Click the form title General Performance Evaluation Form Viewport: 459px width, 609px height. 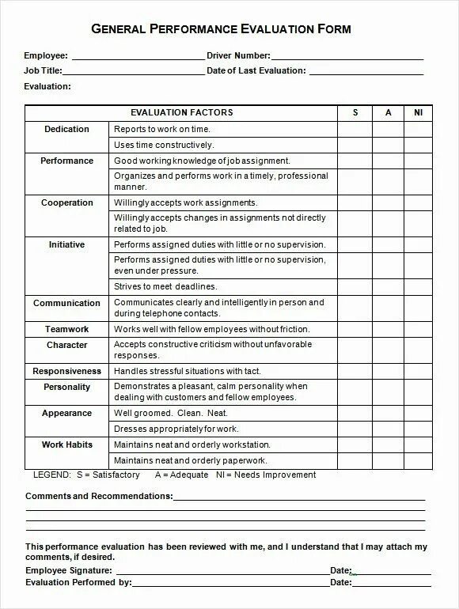click(221, 29)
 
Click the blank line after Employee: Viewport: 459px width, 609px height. click(138, 56)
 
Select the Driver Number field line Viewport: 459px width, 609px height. click(347, 56)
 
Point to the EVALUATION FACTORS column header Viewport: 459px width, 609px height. click(181, 113)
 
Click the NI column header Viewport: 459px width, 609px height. click(419, 113)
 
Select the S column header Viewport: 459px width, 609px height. click(355, 113)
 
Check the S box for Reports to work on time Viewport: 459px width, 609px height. click(355, 129)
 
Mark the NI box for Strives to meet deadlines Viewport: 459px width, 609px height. click(419, 286)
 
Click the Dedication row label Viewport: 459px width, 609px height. click(66, 129)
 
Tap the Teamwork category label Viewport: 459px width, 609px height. click(66, 329)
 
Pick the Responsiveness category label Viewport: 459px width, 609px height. click(66, 371)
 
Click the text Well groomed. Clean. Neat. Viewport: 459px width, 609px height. click(170, 413)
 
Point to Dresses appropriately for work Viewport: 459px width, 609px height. click(176, 429)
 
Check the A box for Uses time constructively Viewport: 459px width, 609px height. click(389, 145)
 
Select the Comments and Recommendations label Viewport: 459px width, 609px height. click(99, 496)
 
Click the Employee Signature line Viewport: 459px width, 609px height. click(221, 571)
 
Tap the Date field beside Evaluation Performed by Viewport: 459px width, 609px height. click(389, 584)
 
